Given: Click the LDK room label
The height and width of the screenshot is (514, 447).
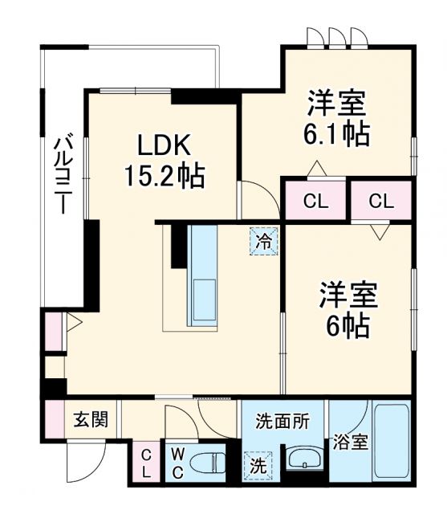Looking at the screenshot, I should point(164,146).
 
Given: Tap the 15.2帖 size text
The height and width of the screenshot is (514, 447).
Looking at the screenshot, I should point(164,174).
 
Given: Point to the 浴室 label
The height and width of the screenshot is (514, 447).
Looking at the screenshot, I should point(352,442).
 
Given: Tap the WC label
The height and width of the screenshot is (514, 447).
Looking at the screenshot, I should point(177,461).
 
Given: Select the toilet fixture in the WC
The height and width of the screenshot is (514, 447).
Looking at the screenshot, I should point(213,463).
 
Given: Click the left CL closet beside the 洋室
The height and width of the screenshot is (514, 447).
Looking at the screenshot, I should point(315,201).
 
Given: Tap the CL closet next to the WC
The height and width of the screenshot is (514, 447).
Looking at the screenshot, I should point(145,463).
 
